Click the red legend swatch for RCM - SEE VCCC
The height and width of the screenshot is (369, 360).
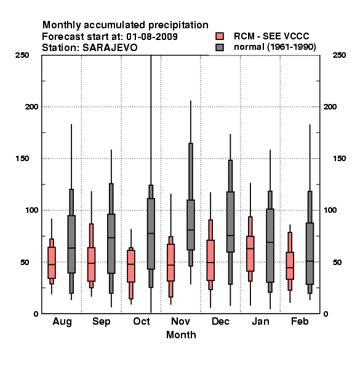tap(220, 36)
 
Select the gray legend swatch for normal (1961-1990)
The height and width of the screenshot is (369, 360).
tap(220, 47)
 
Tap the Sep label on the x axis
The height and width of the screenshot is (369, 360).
tap(102, 322)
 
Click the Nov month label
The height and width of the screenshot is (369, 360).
tap(180, 321)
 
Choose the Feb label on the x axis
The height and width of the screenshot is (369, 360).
tap(300, 321)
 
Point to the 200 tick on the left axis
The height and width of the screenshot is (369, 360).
tap(31, 107)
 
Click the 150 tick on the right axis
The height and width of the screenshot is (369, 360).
tap(339, 159)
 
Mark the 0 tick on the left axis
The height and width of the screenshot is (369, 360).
tap(36, 314)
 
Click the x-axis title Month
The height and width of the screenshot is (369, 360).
tap(181, 335)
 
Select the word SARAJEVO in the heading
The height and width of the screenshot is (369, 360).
tap(110, 48)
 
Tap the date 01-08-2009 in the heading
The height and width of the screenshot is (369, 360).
tap(152, 37)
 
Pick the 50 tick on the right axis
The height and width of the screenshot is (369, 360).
tap(337, 262)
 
